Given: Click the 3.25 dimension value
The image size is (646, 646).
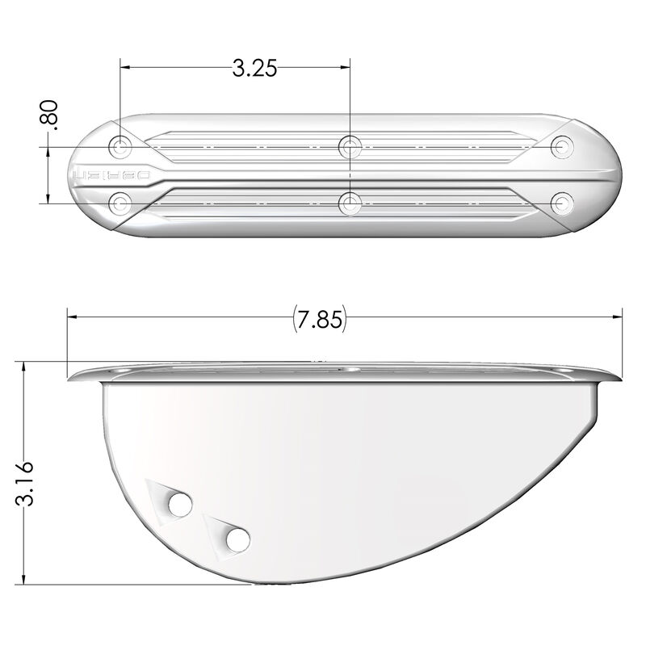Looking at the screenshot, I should (x=254, y=68).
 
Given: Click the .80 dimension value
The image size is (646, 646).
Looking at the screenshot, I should (x=50, y=114).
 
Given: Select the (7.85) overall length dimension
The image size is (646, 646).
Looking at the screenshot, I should (x=318, y=320).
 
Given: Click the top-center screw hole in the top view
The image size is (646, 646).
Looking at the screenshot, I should (x=349, y=147).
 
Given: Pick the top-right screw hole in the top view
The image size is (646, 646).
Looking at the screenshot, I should (x=561, y=147).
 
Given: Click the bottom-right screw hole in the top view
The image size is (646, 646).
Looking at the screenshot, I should (x=561, y=201).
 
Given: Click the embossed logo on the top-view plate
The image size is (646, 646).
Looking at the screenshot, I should (x=112, y=174).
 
